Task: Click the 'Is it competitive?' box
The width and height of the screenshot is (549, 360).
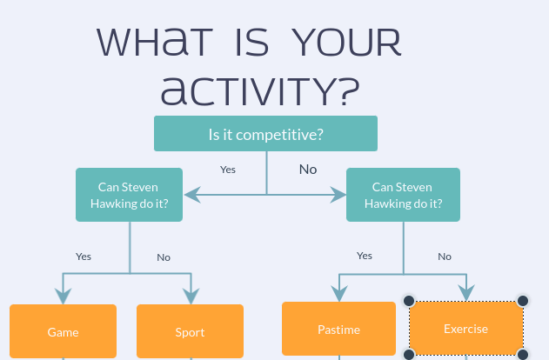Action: (265, 134)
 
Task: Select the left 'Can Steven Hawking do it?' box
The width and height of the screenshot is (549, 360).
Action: (129, 195)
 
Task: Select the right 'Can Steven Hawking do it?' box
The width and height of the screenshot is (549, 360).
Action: (403, 195)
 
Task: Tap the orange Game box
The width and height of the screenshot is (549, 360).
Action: (63, 331)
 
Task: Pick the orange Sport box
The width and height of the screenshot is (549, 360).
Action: (191, 331)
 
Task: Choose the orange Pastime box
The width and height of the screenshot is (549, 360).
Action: (339, 329)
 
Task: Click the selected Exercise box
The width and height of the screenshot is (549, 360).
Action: (466, 328)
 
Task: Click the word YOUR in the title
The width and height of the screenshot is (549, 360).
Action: (346, 43)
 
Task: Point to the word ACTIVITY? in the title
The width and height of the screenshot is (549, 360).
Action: (260, 90)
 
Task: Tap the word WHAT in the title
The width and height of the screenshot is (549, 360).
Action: (155, 43)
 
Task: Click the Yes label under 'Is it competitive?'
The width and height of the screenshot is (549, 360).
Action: (228, 170)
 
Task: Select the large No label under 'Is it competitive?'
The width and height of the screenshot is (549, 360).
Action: (308, 170)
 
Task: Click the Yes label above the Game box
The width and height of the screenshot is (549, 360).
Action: (84, 257)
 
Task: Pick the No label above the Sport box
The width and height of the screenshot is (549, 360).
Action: (164, 257)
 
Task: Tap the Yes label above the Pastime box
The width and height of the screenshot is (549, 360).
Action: (365, 256)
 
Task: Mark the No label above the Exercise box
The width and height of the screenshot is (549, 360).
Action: (445, 257)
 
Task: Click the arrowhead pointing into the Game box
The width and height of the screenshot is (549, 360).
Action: (63, 296)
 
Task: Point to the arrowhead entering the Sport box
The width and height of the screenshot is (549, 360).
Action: (191, 296)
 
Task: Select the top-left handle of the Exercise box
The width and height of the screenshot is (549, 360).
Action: (409, 301)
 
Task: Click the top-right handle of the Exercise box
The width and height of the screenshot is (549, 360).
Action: (523, 301)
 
